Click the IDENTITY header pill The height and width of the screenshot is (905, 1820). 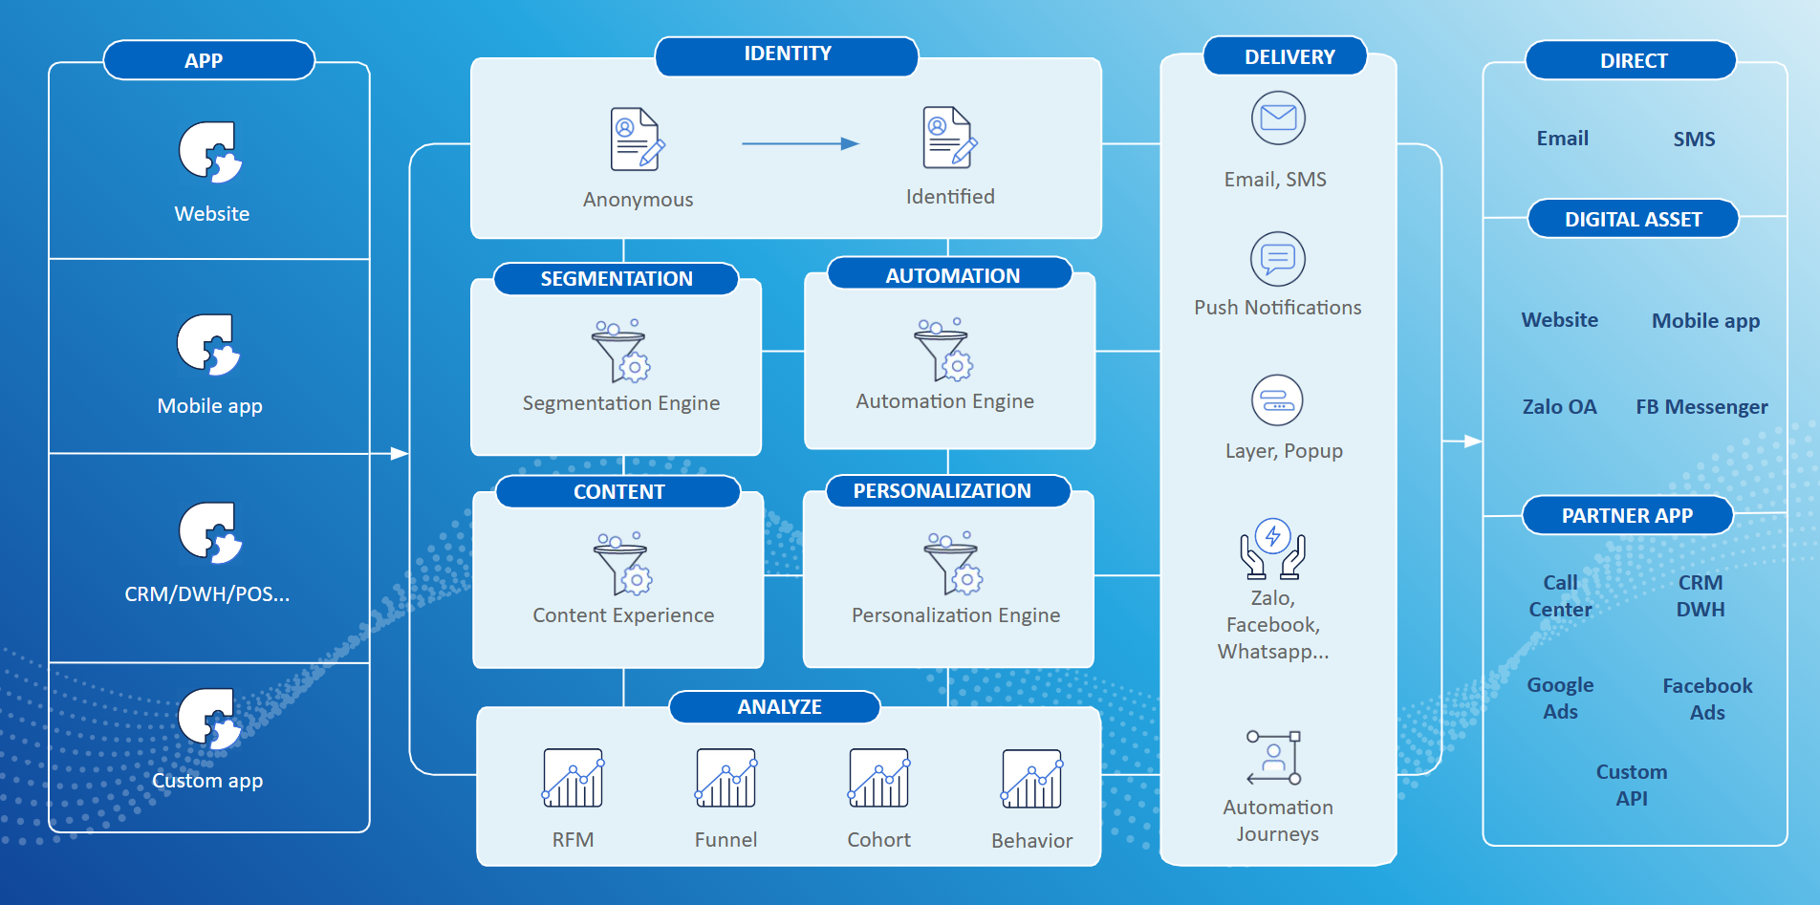coord(787,55)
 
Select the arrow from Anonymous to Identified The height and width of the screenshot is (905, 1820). coord(800,144)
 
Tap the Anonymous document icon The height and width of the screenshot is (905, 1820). coord(637,140)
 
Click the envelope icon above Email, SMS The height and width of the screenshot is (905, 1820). coord(1278,119)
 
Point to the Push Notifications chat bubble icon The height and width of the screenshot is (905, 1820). coord(1277,259)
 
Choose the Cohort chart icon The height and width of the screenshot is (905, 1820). coord(878,778)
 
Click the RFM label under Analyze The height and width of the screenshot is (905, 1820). coord(573,840)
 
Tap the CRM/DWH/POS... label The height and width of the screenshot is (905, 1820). coord(206,594)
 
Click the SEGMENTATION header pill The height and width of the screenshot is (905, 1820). coord(617,279)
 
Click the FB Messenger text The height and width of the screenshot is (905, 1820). coord(1701,407)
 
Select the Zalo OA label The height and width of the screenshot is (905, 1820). coord(1559,407)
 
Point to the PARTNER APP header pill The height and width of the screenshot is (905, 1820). coord(1627,516)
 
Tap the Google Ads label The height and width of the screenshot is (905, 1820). coord(1560,699)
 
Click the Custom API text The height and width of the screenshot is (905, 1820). coord(1632,786)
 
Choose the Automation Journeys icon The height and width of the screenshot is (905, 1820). coord(1274,758)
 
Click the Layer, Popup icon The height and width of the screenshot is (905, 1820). coord(1277,400)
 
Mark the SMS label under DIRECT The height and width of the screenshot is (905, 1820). coord(1694,140)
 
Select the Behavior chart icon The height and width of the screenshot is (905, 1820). coord(1031,778)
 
